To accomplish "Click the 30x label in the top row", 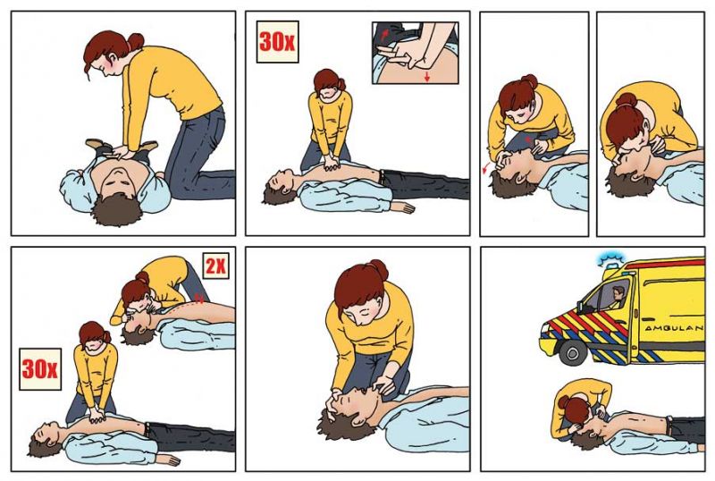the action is coord(277,41).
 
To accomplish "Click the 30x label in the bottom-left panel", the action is coord(40,368).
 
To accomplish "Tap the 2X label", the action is coord(215,266).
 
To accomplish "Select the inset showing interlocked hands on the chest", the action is coord(415,53).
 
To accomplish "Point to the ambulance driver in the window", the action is coord(618,297).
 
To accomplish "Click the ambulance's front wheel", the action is coord(573,352).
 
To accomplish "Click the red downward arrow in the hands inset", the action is coord(427,76).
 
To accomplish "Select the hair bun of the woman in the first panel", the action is coord(136,42).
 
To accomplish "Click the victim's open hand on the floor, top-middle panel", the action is coord(403,207).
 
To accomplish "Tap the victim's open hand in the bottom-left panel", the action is coord(168,460).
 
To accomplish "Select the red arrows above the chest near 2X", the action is coord(198,298).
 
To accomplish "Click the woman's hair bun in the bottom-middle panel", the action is coord(379,270).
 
